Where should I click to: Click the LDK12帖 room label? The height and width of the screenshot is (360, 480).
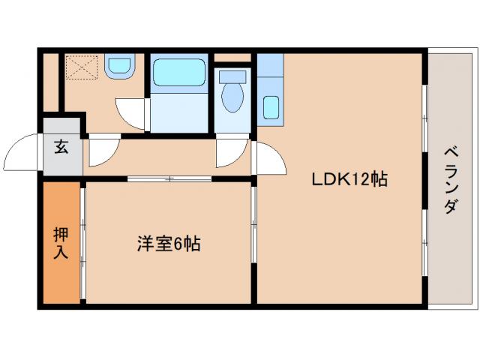tap(349, 179)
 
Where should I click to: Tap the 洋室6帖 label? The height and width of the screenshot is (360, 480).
tap(168, 244)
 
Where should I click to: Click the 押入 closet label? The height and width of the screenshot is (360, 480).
tap(60, 242)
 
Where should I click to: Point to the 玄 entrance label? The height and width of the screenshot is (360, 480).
tap(60, 147)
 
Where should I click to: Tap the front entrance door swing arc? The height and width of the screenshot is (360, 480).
tap(22, 154)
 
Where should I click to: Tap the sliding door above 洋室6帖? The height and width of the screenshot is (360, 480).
tap(169, 178)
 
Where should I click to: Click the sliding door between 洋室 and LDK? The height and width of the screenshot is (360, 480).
tap(253, 225)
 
